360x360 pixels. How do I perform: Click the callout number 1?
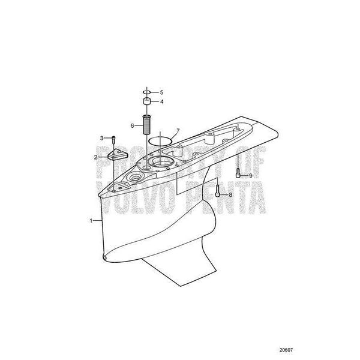[x=91, y=221]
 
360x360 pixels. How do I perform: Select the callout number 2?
[x=96, y=157]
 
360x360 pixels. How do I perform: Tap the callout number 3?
[x=102, y=138]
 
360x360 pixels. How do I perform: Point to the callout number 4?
[x=160, y=101]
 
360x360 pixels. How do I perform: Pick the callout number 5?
[x=160, y=92]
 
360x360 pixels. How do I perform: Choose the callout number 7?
[x=177, y=130]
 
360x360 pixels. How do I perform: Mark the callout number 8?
[x=230, y=195]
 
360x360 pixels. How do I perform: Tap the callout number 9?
[x=250, y=175]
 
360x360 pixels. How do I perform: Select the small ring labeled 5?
[x=146, y=92]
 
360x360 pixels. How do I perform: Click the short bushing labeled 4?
[x=146, y=101]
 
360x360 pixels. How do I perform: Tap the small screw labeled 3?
[x=113, y=140]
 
